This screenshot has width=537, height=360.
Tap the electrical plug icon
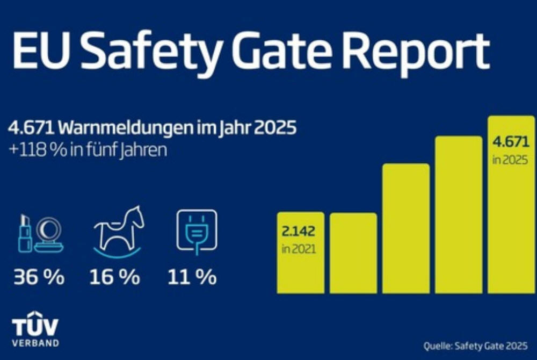tap(197, 231)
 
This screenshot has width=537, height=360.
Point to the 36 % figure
tap(39, 278)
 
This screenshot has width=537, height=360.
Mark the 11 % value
tap(192, 278)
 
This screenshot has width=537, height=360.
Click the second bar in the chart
tap(353, 253)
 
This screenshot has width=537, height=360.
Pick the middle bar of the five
tap(405, 228)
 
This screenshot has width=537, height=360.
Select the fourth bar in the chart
tap(458, 215)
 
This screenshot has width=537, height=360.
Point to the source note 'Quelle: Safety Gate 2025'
tap(475, 345)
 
